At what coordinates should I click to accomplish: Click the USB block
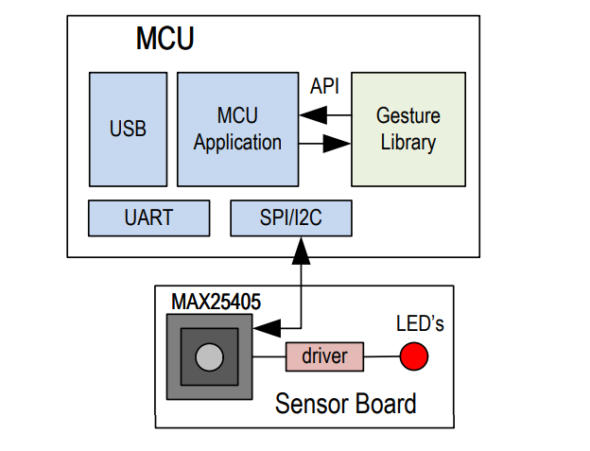(128, 129)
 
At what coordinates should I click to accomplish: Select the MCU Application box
(237, 129)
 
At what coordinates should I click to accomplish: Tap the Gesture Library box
(408, 129)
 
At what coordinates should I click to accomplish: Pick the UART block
(148, 217)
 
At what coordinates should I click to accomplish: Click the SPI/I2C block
(291, 217)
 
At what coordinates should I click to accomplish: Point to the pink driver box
(324, 356)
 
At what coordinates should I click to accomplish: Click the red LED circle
(413, 356)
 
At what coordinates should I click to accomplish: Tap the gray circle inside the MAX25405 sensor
(209, 356)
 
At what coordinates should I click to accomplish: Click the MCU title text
(165, 39)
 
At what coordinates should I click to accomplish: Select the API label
(325, 86)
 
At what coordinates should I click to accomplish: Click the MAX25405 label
(216, 302)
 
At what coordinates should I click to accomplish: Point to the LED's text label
(419, 324)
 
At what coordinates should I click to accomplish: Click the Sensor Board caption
(345, 404)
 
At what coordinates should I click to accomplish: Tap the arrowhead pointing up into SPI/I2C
(301, 249)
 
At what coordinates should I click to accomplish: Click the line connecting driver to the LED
(381, 356)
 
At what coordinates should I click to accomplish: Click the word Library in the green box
(408, 143)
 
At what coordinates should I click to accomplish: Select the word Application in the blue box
(237, 143)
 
